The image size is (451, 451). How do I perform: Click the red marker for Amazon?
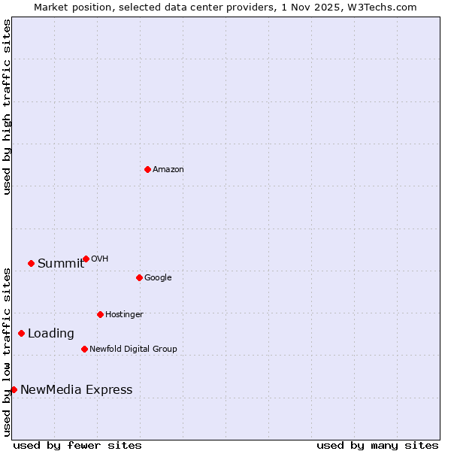pos(147,169)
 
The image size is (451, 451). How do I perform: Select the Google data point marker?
pos(139,277)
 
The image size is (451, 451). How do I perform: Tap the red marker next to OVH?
pos(86,259)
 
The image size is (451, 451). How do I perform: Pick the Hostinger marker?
pos(100,314)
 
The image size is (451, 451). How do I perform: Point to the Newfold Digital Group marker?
pos(84,349)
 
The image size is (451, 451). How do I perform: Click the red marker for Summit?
pos(31,263)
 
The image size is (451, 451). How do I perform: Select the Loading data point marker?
pos(21,333)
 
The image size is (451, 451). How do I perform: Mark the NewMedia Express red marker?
pos(14,389)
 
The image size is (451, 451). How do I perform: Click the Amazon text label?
pos(168,170)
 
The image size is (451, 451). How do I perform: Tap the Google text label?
pos(158,278)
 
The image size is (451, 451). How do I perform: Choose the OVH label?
pos(100,259)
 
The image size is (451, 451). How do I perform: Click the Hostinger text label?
pos(124,315)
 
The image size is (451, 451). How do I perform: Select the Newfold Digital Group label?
pos(133,350)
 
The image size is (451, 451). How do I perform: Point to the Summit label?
pos(61,264)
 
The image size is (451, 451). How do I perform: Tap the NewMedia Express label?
pos(76,390)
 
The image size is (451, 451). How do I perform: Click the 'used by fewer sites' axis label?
pos(77,446)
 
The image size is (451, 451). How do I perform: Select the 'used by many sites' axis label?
pos(377,446)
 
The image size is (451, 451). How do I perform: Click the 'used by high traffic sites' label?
pos(7,107)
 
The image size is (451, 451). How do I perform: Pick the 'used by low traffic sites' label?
pos(7,351)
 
